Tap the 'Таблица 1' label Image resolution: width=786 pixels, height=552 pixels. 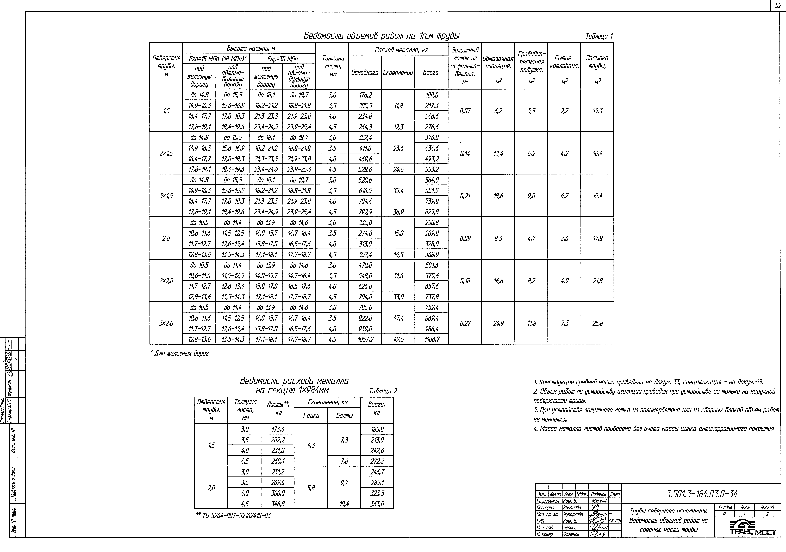(x=599, y=36)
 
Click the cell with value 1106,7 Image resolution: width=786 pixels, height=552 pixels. (x=431, y=339)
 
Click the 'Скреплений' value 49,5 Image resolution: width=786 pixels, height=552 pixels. (x=398, y=339)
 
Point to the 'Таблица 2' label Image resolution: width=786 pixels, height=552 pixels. (x=383, y=391)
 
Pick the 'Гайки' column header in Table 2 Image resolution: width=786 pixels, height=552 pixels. (x=311, y=415)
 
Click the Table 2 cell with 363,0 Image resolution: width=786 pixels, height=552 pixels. (x=377, y=504)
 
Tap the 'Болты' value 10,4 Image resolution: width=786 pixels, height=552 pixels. (x=344, y=504)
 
